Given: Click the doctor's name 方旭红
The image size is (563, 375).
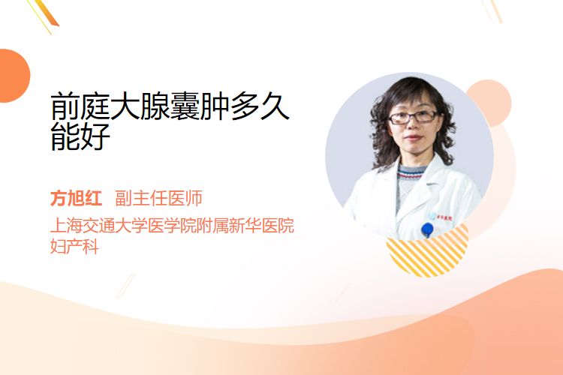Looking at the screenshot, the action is point(76,198).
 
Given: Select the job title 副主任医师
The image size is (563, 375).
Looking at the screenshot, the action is point(158,198).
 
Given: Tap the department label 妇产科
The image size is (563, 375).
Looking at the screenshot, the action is point(74,246).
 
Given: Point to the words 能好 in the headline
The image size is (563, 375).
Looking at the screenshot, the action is point(80,136).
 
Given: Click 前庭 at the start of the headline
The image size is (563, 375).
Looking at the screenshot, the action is point(80,106).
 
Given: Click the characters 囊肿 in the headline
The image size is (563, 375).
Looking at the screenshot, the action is point(200,106).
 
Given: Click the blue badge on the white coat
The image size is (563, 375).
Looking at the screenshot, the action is point(427,229).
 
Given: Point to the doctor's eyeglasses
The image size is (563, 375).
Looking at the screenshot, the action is point(414,117).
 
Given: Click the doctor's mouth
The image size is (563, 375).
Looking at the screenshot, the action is point(413,138).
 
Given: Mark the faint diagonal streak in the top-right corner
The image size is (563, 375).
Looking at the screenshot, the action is point(494,10).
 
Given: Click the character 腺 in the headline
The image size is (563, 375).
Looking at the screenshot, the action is point(155,106).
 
